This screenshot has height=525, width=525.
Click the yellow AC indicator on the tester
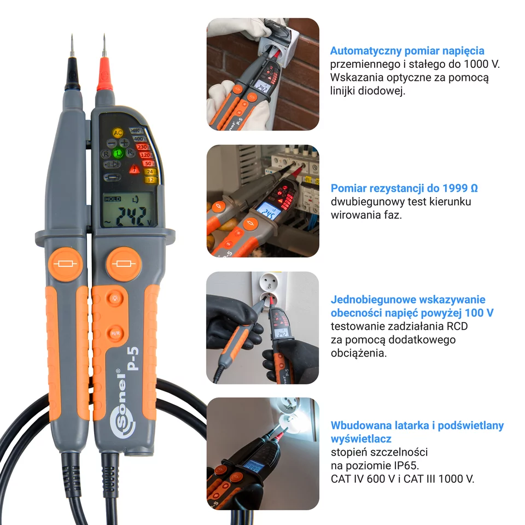pyautogui.click(x=118, y=133)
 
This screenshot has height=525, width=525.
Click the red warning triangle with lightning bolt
pyautogui.click(x=133, y=169)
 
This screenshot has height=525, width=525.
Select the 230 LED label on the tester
pyautogui.click(x=142, y=147)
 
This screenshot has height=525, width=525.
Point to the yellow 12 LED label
pyautogui.click(x=150, y=179)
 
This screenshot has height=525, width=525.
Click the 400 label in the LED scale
pyautogui.click(x=139, y=139)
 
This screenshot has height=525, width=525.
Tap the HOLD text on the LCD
pyautogui.click(x=113, y=200)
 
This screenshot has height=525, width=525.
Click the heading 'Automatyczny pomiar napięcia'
pyautogui.click(x=407, y=51)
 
